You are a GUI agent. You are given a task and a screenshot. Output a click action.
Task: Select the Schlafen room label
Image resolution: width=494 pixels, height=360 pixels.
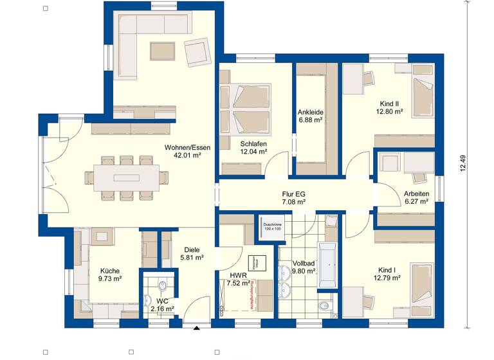click(253, 143)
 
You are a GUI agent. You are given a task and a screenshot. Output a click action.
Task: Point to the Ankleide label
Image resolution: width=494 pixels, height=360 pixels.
click(310, 112)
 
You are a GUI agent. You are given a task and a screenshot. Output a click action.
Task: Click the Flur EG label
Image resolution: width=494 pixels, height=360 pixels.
click(293, 193)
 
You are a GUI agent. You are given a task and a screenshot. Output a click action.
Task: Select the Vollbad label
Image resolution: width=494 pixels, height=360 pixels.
click(303, 264)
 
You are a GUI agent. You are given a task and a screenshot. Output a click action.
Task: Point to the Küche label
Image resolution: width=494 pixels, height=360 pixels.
click(109, 271)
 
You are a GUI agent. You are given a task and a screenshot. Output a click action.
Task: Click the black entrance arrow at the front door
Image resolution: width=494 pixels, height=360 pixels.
click(196, 329)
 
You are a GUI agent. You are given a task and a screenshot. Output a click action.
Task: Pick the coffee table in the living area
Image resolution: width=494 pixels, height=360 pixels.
click(158, 50)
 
